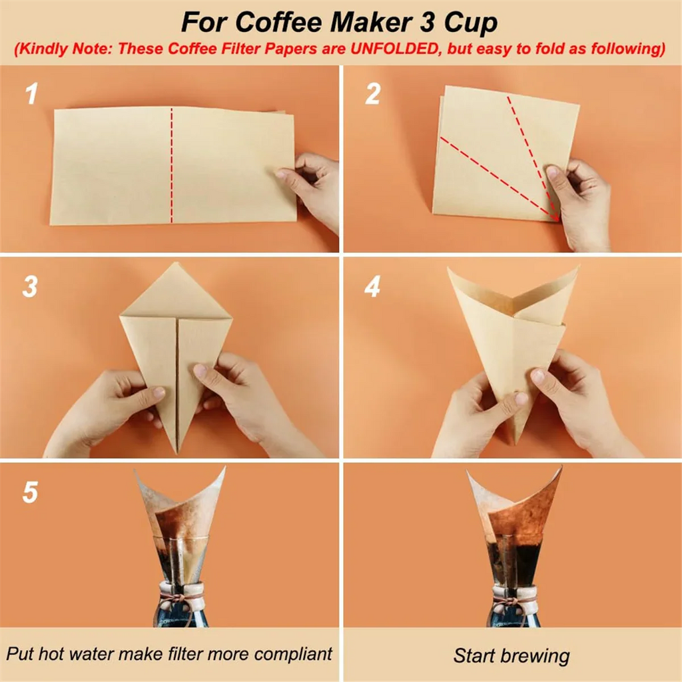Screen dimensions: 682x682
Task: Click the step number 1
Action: click(31, 94)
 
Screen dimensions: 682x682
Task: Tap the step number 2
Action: click(372, 94)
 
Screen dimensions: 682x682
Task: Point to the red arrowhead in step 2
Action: click(555, 216)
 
